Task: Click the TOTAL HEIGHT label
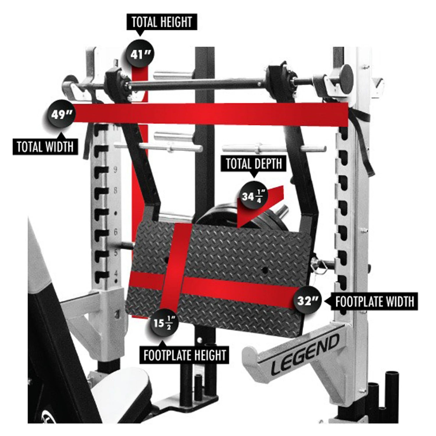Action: click(x=162, y=22)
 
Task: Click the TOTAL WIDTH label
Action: click(x=45, y=146)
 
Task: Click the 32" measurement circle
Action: click(x=304, y=301)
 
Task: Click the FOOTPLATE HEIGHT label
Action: click(x=185, y=355)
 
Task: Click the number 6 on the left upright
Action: click(x=115, y=232)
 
